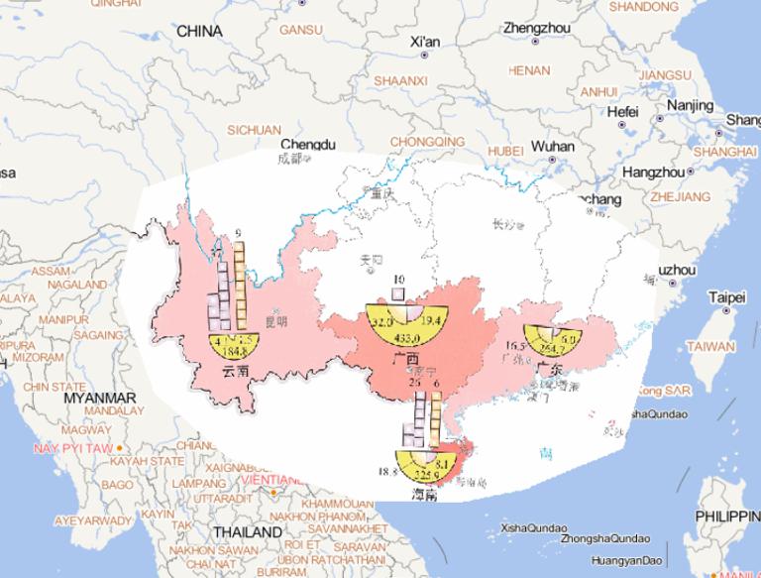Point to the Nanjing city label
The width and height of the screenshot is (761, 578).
690,105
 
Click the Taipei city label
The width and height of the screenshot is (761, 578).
727,297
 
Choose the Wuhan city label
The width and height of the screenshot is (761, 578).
552,146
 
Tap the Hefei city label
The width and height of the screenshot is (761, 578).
622,111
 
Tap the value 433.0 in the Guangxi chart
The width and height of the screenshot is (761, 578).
405,339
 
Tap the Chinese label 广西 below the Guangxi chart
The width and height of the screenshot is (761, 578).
406,359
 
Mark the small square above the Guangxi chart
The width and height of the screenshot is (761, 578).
398,293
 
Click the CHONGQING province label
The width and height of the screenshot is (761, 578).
426,142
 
